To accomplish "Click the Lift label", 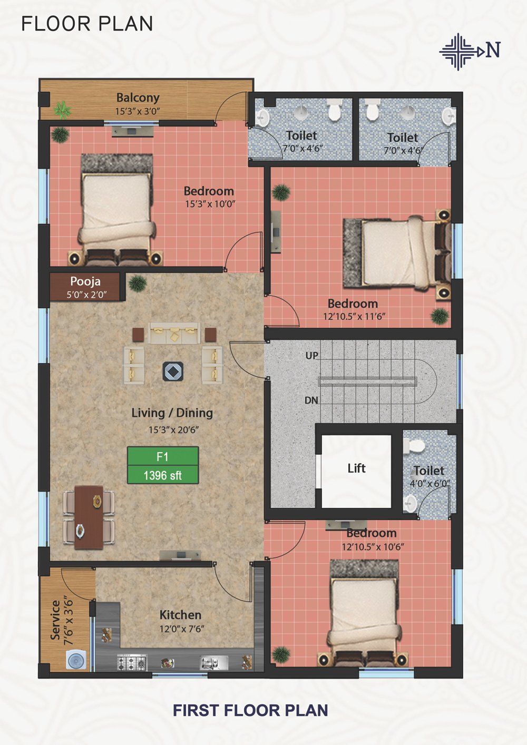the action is [356, 468].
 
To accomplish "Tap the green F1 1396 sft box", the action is [163, 465].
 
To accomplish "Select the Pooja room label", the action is [85, 281].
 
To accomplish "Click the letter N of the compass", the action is [493, 51].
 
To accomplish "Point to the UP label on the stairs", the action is [312, 356].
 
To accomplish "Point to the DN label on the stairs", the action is [311, 400].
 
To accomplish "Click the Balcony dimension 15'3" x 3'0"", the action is [138, 111].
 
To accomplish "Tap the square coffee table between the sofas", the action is [173, 371].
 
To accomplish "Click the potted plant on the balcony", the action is [63, 110].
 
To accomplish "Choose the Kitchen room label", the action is [180, 615].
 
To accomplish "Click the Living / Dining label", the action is [172, 413].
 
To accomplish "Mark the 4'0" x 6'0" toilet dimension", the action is [430, 483].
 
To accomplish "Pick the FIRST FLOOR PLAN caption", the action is [250, 710].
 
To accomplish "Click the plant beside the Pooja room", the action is [138, 283].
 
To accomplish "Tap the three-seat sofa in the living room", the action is [174, 332].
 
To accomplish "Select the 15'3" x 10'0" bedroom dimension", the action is [210, 203].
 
